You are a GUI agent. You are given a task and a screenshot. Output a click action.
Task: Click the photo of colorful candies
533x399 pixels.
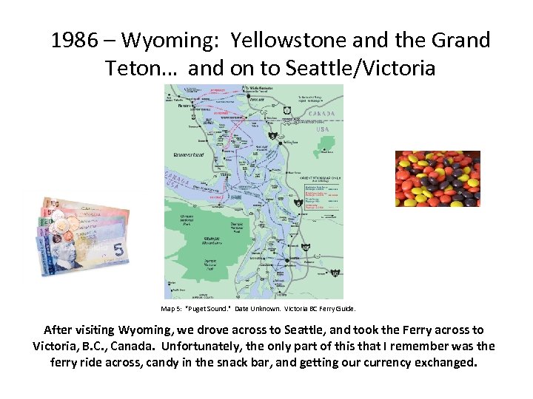point(438,179)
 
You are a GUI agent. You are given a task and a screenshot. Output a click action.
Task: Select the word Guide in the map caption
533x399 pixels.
point(346,308)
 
